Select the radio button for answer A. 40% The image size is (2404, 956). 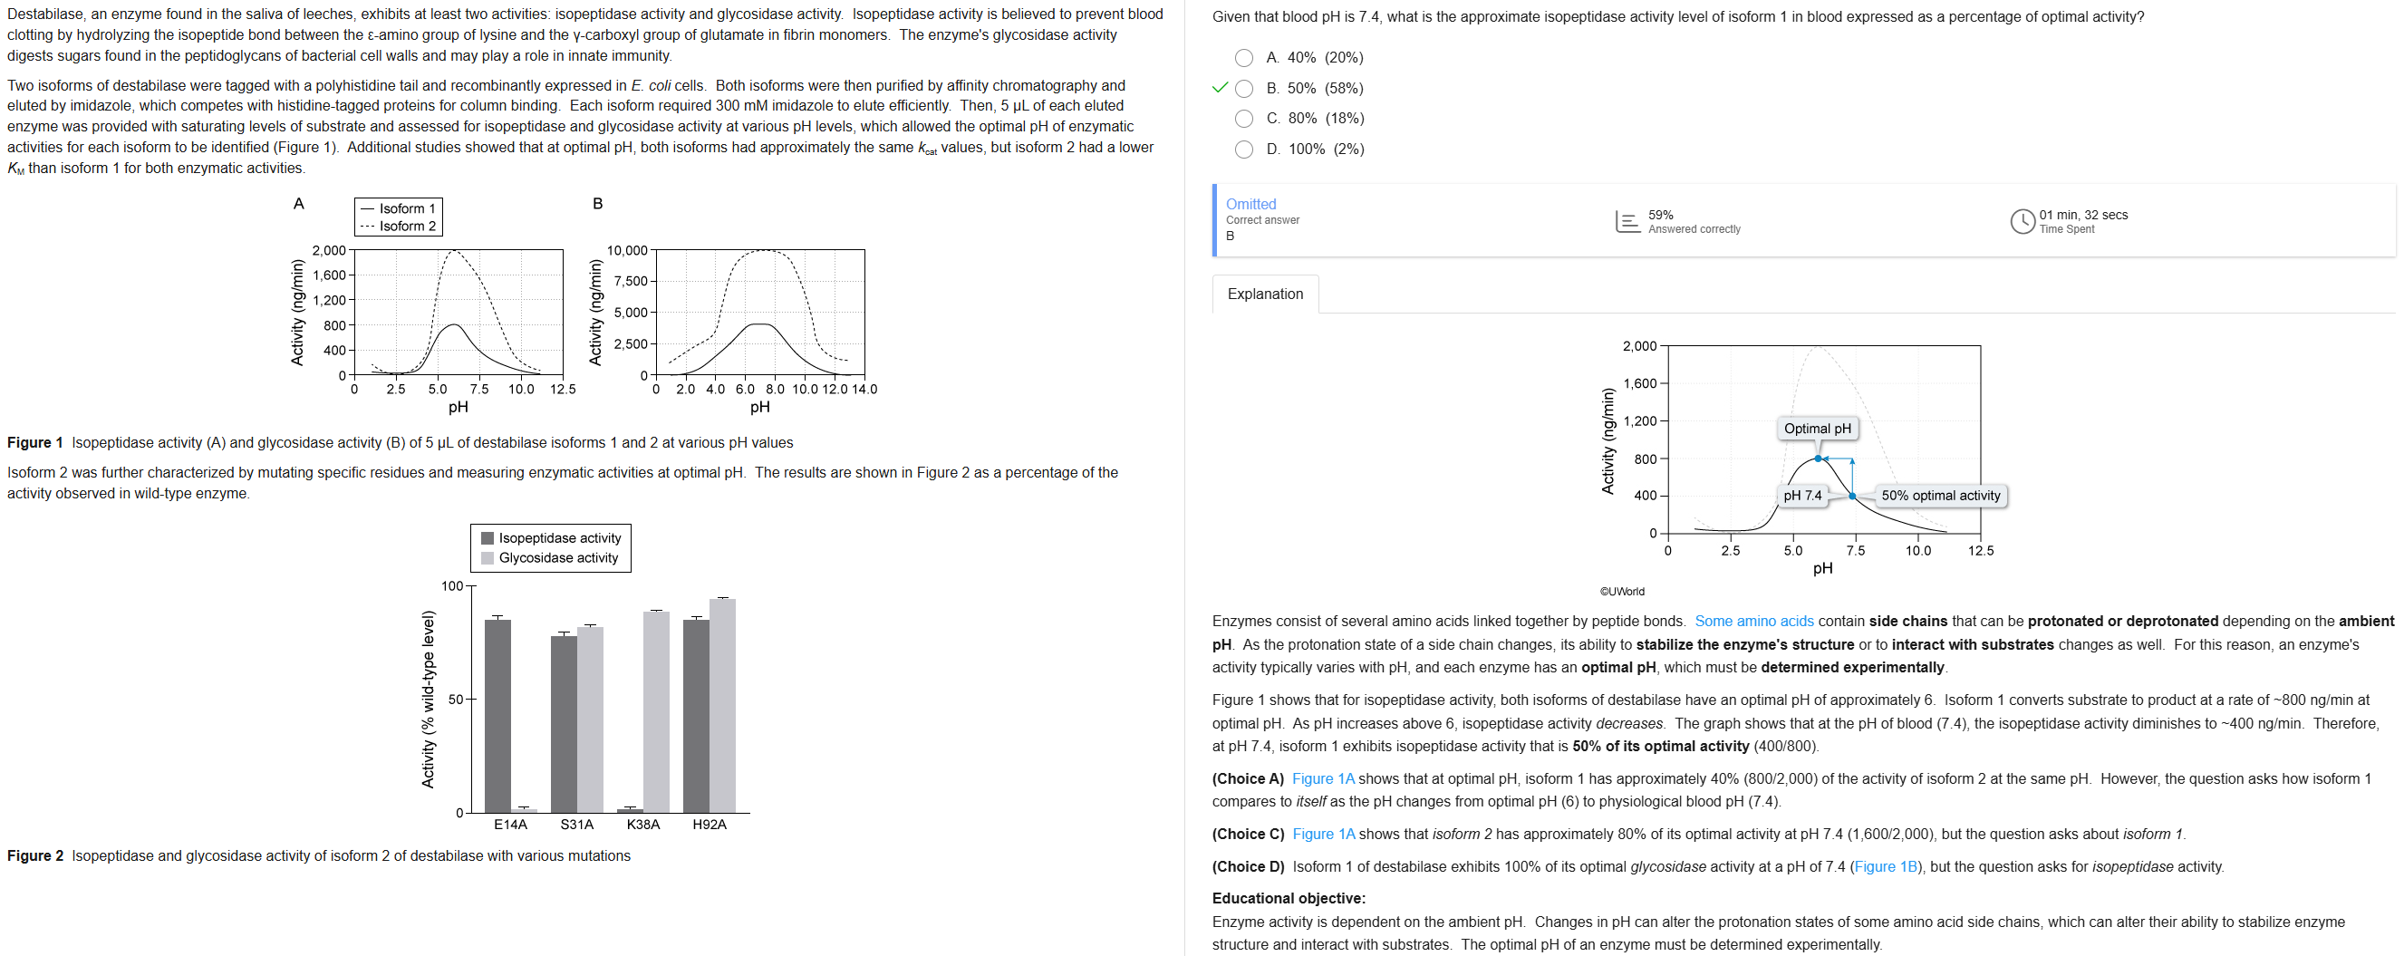[1243, 58]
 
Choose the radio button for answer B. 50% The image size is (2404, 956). [1243, 89]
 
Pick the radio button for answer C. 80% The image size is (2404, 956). [1243, 119]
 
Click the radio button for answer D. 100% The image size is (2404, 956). [1243, 150]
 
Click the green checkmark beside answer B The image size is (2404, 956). [1219, 88]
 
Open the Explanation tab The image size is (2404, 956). [1265, 295]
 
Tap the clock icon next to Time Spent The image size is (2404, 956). [2022, 221]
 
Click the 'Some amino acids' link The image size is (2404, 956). [1753, 621]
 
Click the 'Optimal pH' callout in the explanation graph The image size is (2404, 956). [1816, 429]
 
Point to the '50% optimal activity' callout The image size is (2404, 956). [1939, 496]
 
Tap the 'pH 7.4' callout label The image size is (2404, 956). [1801, 496]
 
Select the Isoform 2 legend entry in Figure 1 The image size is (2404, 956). [399, 226]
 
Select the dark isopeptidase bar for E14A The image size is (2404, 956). [497, 715]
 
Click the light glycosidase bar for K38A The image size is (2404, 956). [656, 711]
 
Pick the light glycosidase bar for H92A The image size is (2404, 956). [722, 705]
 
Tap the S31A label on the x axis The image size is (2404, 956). [576, 825]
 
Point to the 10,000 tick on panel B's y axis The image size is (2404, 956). [626, 250]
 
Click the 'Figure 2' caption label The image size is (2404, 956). [35, 856]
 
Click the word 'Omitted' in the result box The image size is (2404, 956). [1250, 204]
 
